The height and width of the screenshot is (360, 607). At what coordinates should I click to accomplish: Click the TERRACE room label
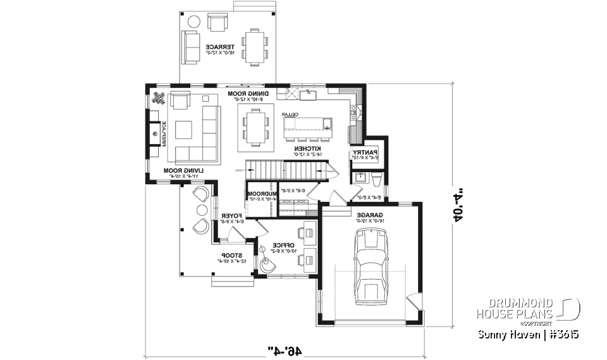point(220,46)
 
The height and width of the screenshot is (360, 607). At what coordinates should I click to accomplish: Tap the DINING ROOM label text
point(248,94)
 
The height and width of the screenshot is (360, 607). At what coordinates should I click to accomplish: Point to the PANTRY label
point(365,152)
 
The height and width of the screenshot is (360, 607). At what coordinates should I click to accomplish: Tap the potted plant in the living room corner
point(159,98)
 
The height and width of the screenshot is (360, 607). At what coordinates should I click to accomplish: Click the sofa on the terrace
point(190,46)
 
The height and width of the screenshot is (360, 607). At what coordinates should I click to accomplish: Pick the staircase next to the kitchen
point(288,170)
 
